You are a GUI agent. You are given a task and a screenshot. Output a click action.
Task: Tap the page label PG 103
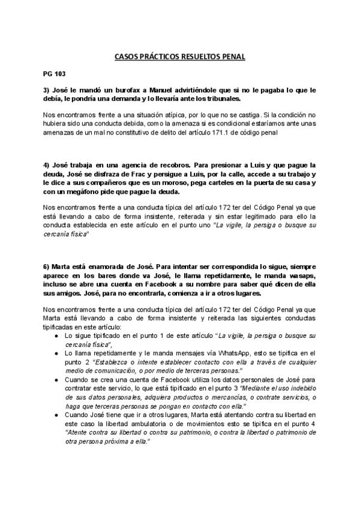53,76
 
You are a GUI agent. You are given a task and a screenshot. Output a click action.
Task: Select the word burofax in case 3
124,91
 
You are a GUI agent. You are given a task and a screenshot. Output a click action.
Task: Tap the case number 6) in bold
47,266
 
